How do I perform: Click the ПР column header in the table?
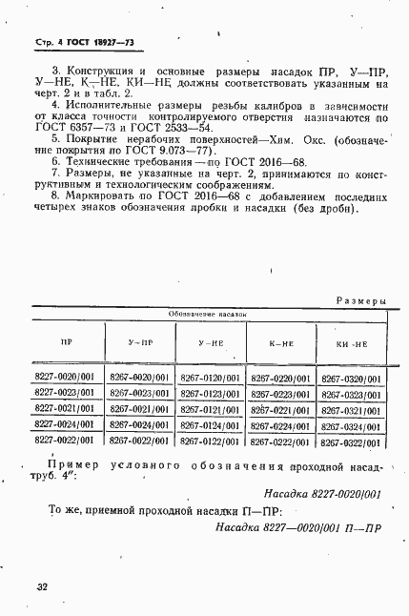pyautogui.click(x=66, y=340)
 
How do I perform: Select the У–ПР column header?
pyautogui.click(x=138, y=340)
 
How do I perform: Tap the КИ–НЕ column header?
pyautogui.click(x=351, y=341)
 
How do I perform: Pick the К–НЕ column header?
pyautogui.click(x=280, y=341)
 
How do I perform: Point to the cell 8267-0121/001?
pyautogui.click(x=210, y=409)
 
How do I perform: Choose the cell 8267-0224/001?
pyautogui.click(x=280, y=425)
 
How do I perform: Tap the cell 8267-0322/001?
pyautogui.click(x=351, y=442)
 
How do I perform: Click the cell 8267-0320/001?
pyautogui.click(x=351, y=379)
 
